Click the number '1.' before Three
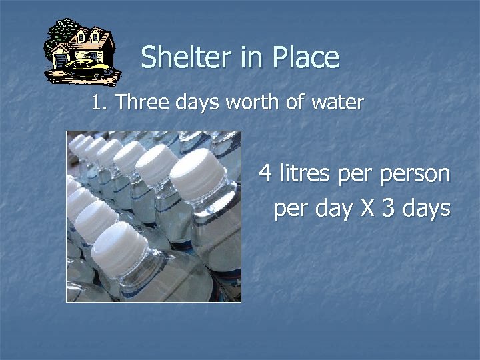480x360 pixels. point(100,103)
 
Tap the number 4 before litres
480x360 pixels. point(265,175)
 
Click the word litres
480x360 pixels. point(306,175)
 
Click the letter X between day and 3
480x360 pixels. point(367,208)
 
